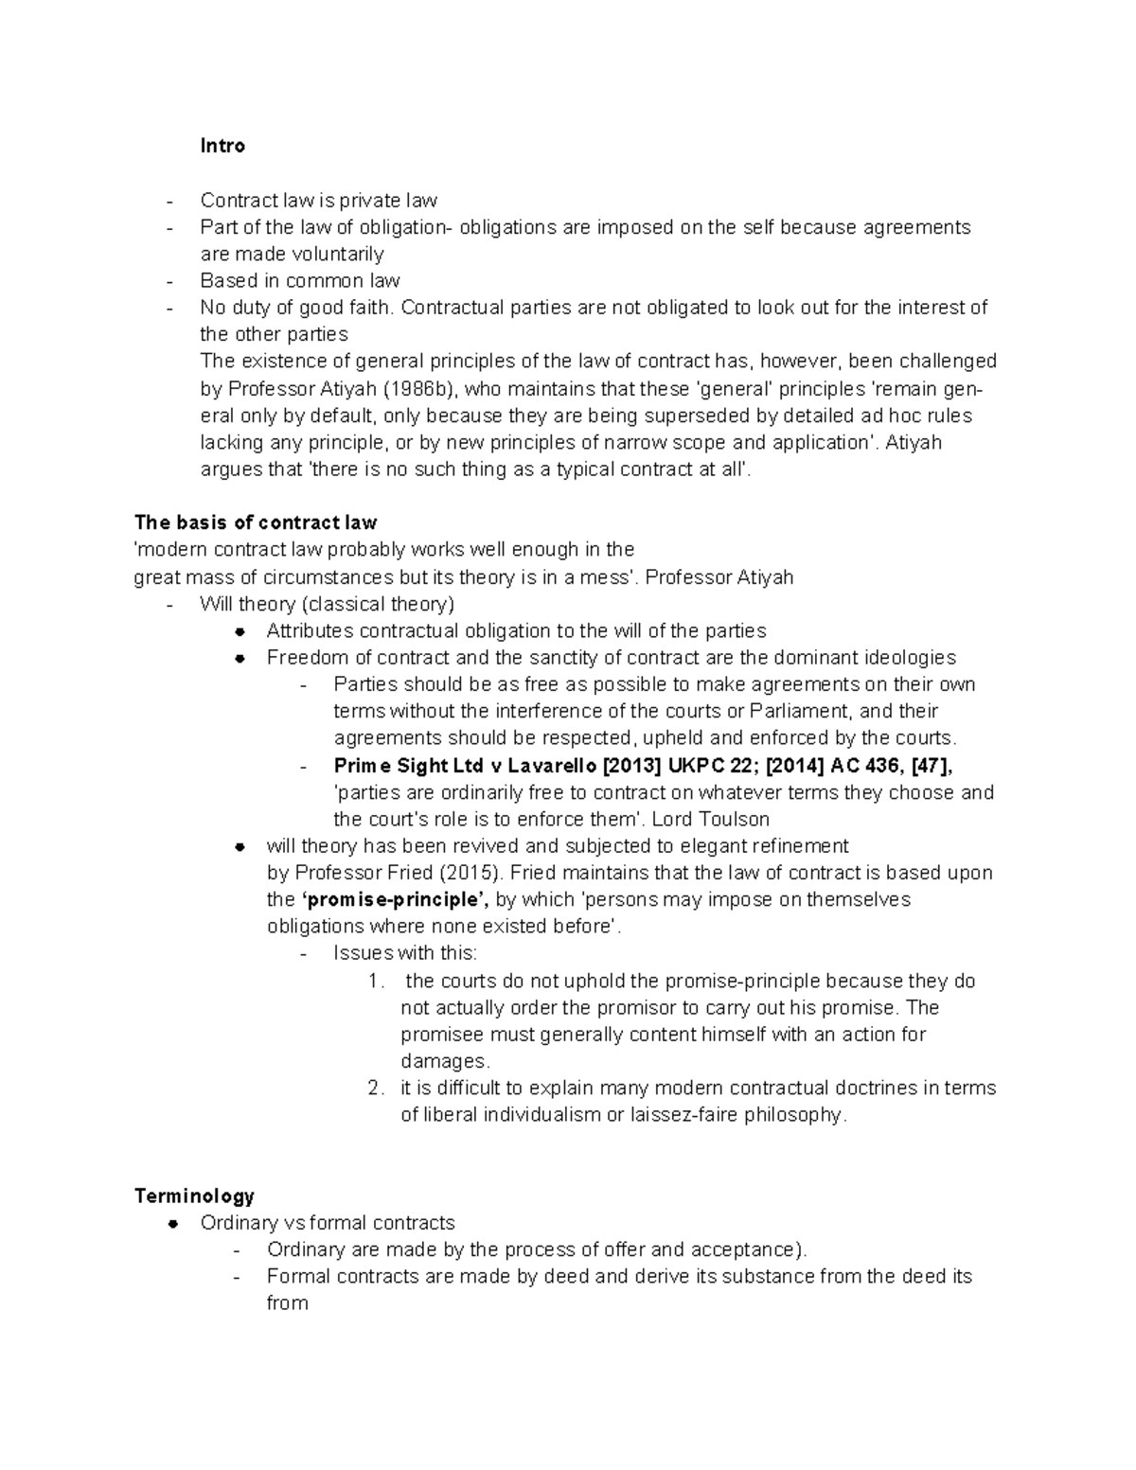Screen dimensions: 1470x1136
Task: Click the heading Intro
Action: tap(222, 146)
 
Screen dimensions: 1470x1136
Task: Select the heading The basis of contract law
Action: tap(256, 522)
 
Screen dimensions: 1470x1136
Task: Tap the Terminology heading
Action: tap(194, 1195)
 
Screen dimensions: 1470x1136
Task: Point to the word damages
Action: tap(443, 1061)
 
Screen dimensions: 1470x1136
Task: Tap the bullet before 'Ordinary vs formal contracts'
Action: tap(173, 1224)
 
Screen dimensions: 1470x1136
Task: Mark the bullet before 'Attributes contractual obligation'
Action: tap(240, 631)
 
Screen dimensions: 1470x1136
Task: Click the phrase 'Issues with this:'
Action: tap(405, 953)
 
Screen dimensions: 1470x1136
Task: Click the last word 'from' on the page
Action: tap(288, 1303)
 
